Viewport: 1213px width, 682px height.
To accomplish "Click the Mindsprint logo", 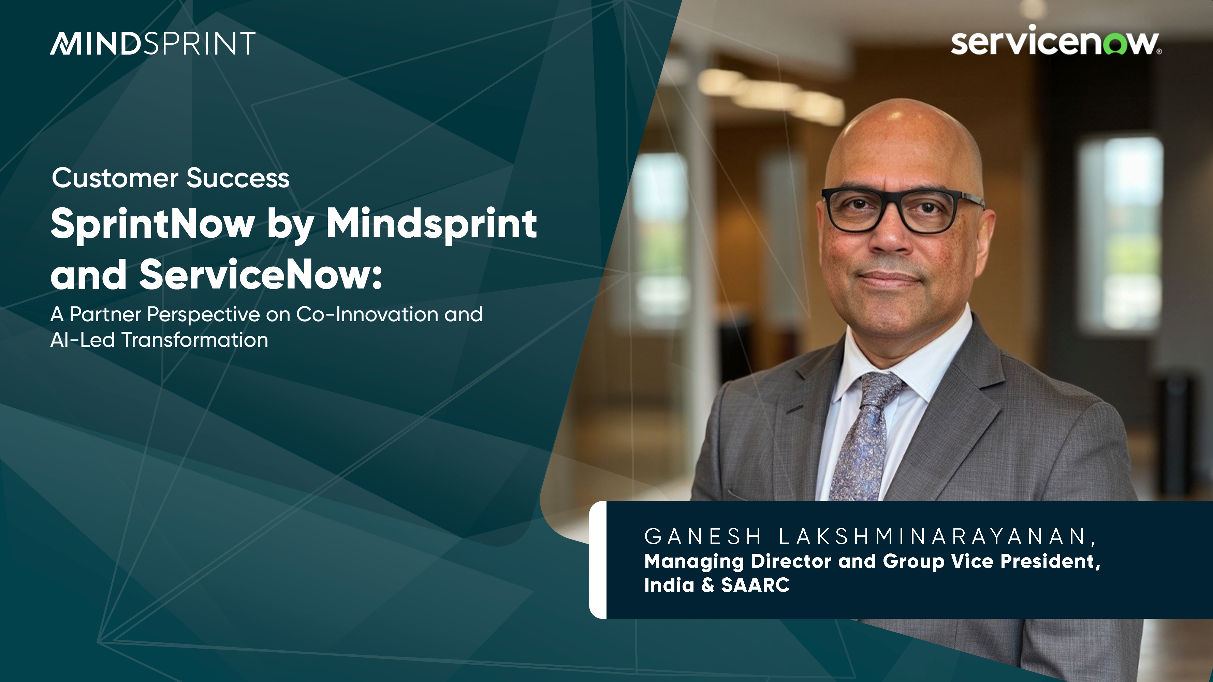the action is (x=152, y=43).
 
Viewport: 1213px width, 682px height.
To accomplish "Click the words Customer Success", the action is (x=171, y=178).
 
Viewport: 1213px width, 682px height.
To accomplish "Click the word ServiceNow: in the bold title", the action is (x=260, y=275).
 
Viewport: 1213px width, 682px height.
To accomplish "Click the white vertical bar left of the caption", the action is (x=598, y=560).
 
